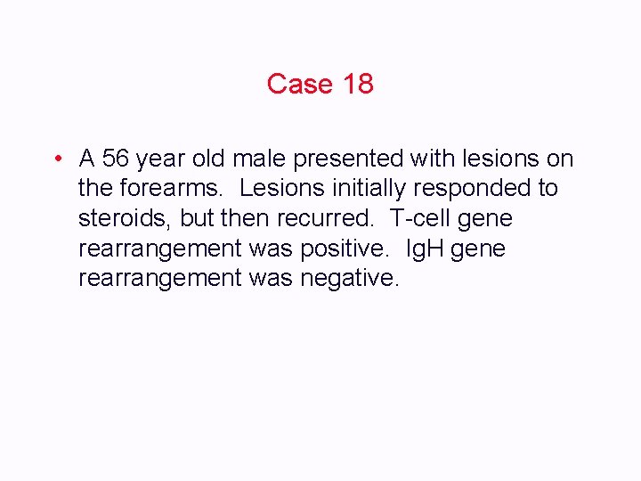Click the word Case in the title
tap(299, 84)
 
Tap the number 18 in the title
tap(357, 84)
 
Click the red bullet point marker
tap(56, 159)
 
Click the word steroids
tap(126, 219)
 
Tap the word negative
tap(350, 279)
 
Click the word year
tap(166, 159)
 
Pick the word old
tap(213, 159)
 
